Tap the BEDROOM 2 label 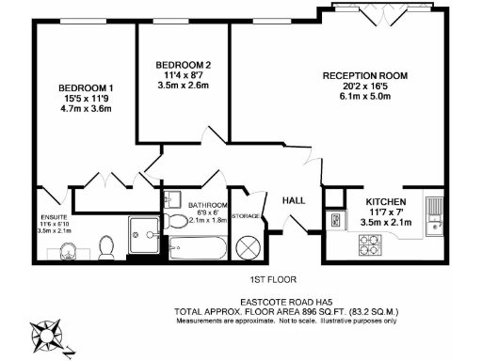pos(184,65)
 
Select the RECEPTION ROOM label pos(364,75)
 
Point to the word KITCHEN pos(386,202)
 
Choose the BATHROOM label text pos(208,205)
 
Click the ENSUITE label pos(54,215)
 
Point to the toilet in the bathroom pos(177,222)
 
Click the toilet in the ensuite pos(106,247)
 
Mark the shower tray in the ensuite pos(145,238)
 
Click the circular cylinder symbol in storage pos(248,247)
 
